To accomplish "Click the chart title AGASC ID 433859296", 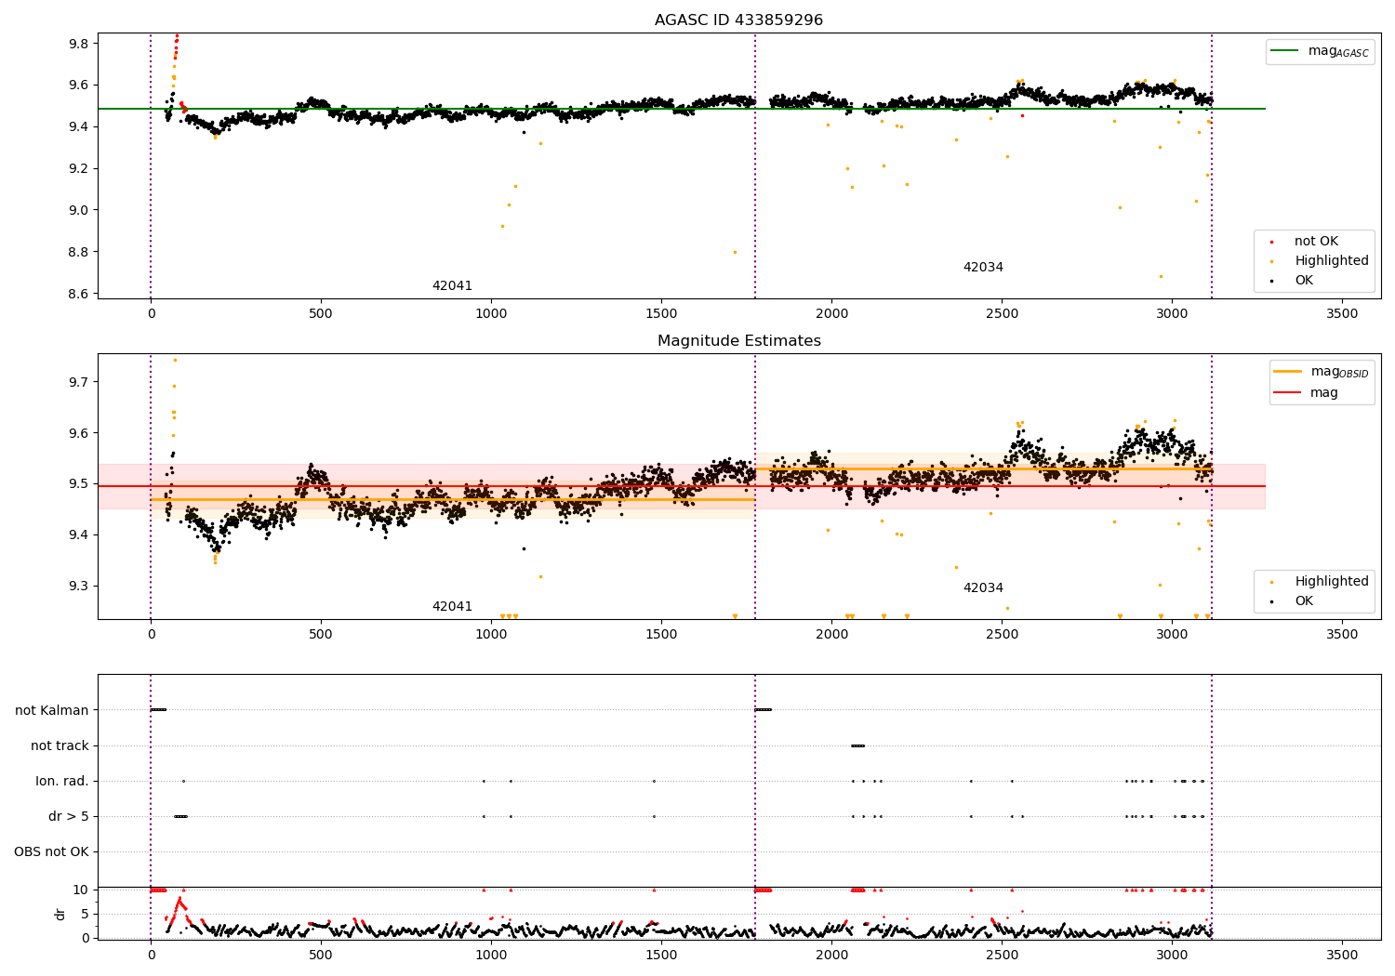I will pyautogui.click(x=738, y=20).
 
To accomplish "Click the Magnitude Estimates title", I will pyautogui.click(x=738, y=341).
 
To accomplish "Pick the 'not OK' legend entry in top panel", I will pyautogui.click(x=1316, y=242).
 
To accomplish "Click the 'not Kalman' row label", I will pyautogui.click(x=52, y=710).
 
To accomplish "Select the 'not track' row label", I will pyautogui.click(x=60, y=745).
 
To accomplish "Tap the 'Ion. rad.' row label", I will pyautogui.click(x=62, y=781).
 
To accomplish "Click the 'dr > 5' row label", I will pyautogui.click(x=69, y=816).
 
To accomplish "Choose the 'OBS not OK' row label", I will pyautogui.click(x=52, y=851).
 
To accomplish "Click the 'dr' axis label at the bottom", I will pyautogui.click(x=60, y=914).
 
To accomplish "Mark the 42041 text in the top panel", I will pyautogui.click(x=452, y=286).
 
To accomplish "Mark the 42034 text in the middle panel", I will pyautogui.click(x=983, y=588).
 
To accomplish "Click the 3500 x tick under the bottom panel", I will pyautogui.click(x=1342, y=955).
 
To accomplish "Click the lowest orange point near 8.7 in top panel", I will pyautogui.click(x=1161, y=276).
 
